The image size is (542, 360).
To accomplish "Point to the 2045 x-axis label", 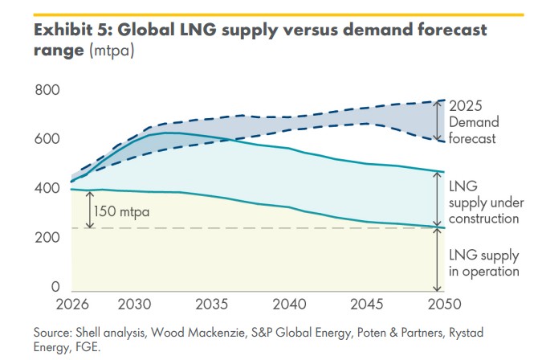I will click(x=366, y=305).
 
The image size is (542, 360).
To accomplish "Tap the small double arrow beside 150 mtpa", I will click(x=89, y=210).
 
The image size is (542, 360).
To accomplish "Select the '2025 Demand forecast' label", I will click(x=473, y=122).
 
